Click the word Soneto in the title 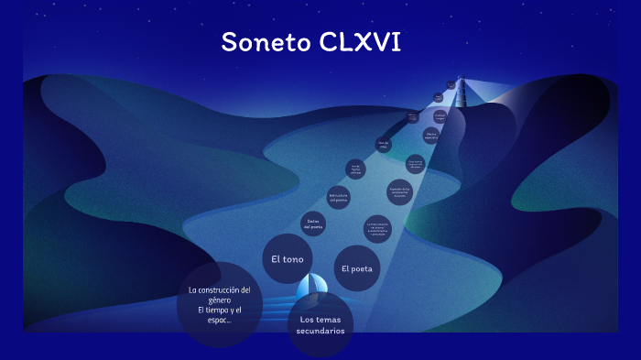click(266, 42)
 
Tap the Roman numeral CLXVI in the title click(361, 42)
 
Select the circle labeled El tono click(287, 259)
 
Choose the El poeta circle click(356, 268)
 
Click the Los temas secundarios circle click(320, 325)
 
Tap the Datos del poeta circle click(313, 223)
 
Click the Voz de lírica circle click(385, 144)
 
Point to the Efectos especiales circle click(431, 136)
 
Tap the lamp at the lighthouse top click(462, 79)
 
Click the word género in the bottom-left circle click(219, 300)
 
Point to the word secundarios click(320, 331)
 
